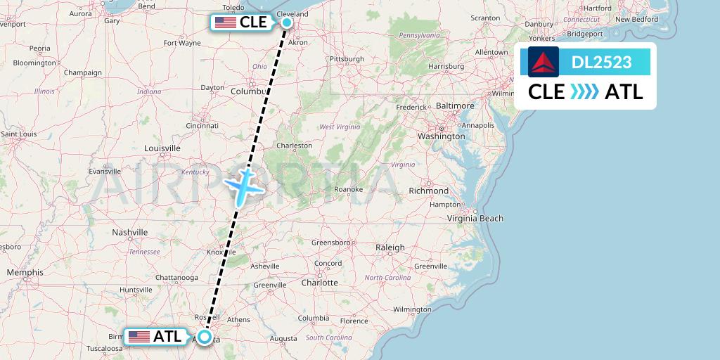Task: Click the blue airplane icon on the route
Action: tap(243, 186)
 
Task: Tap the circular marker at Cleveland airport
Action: tap(287, 22)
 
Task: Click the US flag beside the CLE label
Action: tap(226, 22)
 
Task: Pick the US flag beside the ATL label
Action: tap(139, 337)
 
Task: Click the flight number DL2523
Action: tap(601, 63)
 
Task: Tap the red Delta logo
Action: tap(544, 62)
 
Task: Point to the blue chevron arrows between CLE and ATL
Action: tap(584, 92)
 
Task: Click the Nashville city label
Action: tap(130, 232)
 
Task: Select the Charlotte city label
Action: tap(319, 282)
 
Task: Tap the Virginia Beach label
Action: tap(476, 218)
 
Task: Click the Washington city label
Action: tap(442, 136)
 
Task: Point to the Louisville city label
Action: tap(162, 148)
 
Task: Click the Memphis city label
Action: tap(25, 272)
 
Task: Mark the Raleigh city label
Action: tap(390, 247)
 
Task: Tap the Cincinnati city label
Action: tap(202, 126)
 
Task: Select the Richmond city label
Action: tap(429, 191)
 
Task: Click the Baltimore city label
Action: tap(455, 105)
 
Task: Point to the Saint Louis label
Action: tap(19, 134)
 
